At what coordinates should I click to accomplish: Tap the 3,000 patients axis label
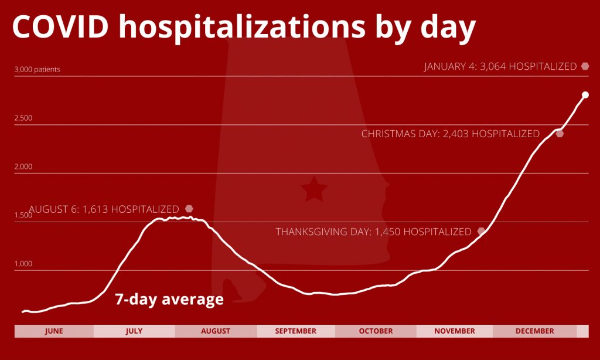(37, 70)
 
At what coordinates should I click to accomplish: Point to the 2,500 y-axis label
(23, 118)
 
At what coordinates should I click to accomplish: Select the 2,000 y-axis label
(23, 167)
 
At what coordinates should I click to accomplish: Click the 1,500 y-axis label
(23, 215)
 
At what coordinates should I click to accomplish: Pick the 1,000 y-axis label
(23, 263)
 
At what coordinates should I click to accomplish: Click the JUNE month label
(54, 331)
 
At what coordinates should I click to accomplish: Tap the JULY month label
(134, 331)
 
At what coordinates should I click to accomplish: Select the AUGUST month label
(216, 331)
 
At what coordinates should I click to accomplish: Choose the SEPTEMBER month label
(295, 331)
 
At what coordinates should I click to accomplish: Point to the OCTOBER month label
(376, 331)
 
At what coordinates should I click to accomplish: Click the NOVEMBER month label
(455, 331)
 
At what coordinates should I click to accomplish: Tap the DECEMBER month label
(534, 331)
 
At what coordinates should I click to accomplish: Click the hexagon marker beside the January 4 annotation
(585, 66)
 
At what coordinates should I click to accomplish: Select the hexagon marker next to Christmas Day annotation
(560, 134)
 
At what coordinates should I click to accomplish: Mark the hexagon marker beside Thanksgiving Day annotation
(482, 232)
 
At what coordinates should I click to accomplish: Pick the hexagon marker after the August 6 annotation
(189, 209)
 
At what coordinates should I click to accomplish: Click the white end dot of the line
(585, 95)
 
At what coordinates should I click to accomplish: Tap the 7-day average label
(169, 299)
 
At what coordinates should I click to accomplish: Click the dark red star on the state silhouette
(314, 189)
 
